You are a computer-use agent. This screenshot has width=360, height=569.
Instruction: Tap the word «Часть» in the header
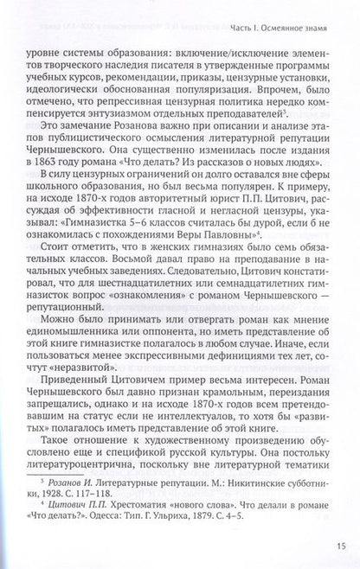tap(223, 22)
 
